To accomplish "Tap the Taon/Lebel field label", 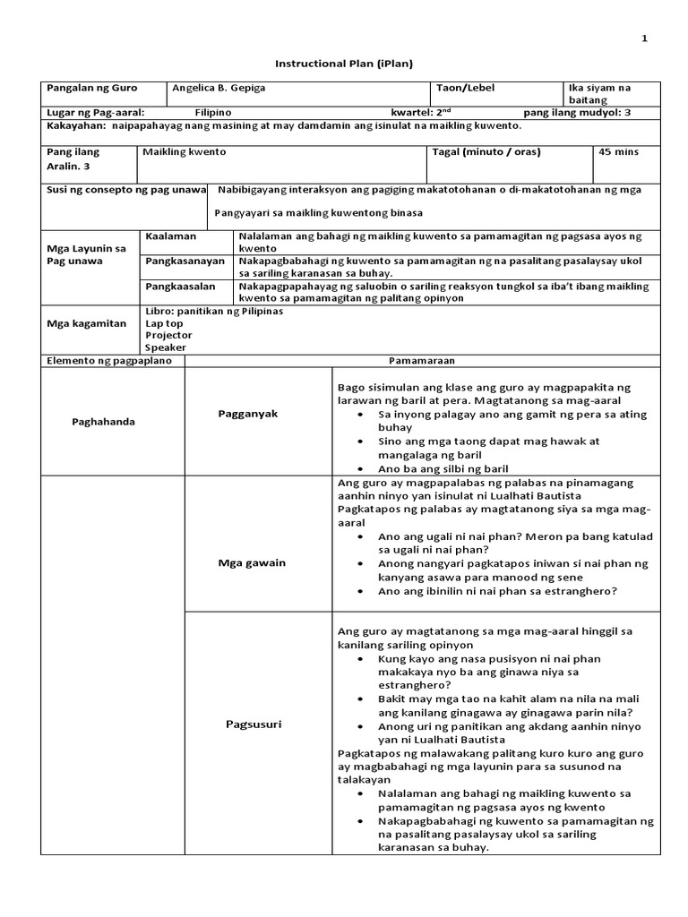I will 464,89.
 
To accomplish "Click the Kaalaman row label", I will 170,235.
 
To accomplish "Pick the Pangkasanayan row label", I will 183,260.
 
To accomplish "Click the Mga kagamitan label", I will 86,323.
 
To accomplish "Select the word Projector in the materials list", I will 168,335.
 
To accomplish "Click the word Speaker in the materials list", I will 166,347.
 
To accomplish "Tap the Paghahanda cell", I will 103,422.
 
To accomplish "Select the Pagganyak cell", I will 248,414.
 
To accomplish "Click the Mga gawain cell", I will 248,563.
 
